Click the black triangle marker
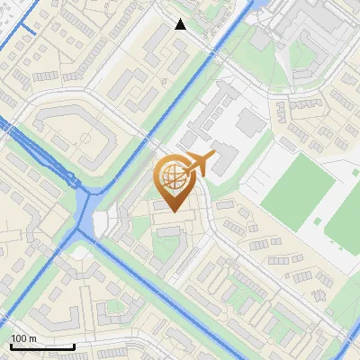pos(180,24)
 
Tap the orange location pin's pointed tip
pos(174,211)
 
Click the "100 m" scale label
pos(22,338)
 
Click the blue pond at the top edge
pos(255,7)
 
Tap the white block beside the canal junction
pos(101,220)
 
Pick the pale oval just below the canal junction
pos(83,253)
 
